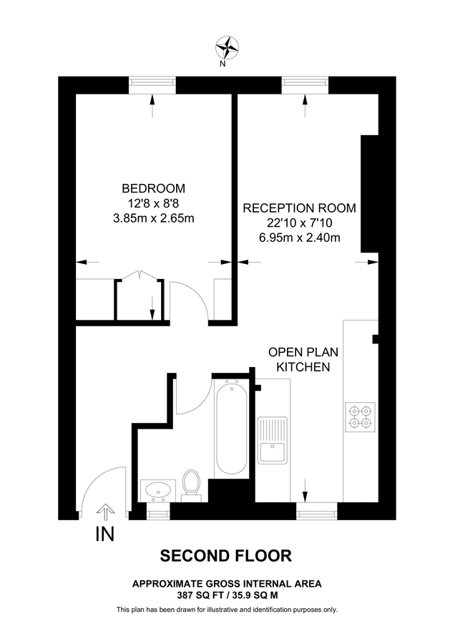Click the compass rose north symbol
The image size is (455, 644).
[227, 48]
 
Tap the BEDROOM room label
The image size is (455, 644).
[153, 189]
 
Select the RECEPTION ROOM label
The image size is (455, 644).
[299, 208]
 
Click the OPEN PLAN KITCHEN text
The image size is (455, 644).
[303, 360]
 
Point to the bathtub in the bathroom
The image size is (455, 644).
[231, 429]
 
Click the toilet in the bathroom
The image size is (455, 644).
[191, 483]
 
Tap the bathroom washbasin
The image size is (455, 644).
[157, 490]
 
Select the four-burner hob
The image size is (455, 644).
[360, 418]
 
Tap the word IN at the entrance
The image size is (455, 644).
[104, 534]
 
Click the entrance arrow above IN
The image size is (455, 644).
[104, 512]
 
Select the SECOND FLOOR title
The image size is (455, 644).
[226, 556]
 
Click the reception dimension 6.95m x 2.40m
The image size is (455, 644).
[299, 238]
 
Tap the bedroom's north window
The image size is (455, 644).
[152, 84]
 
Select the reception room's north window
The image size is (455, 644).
[305, 84]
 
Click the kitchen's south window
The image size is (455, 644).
[316, 511]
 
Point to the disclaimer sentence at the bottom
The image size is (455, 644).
[227, 610]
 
